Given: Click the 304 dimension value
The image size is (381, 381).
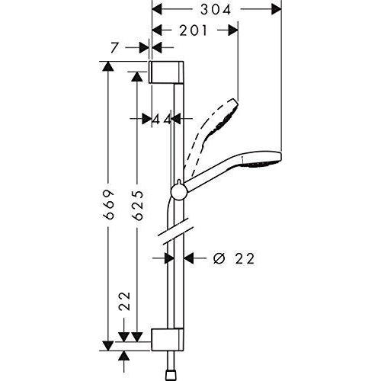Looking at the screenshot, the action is tap(216, 10).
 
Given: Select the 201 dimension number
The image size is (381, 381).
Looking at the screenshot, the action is tap(194, 30).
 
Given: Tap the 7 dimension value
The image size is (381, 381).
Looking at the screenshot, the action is tap(115, 48).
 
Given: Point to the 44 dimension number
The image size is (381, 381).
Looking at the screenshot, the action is tap(162, 119).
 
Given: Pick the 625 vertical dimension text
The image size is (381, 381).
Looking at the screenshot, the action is tap(138, 205).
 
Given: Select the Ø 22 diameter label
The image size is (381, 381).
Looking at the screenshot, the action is tap(234, 259).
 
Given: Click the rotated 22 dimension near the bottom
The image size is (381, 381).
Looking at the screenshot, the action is tap(125, 301).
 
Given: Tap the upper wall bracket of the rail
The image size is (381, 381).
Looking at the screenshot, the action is tap(166, 72).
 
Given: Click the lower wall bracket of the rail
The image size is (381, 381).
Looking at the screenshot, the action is tap(168, 340).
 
